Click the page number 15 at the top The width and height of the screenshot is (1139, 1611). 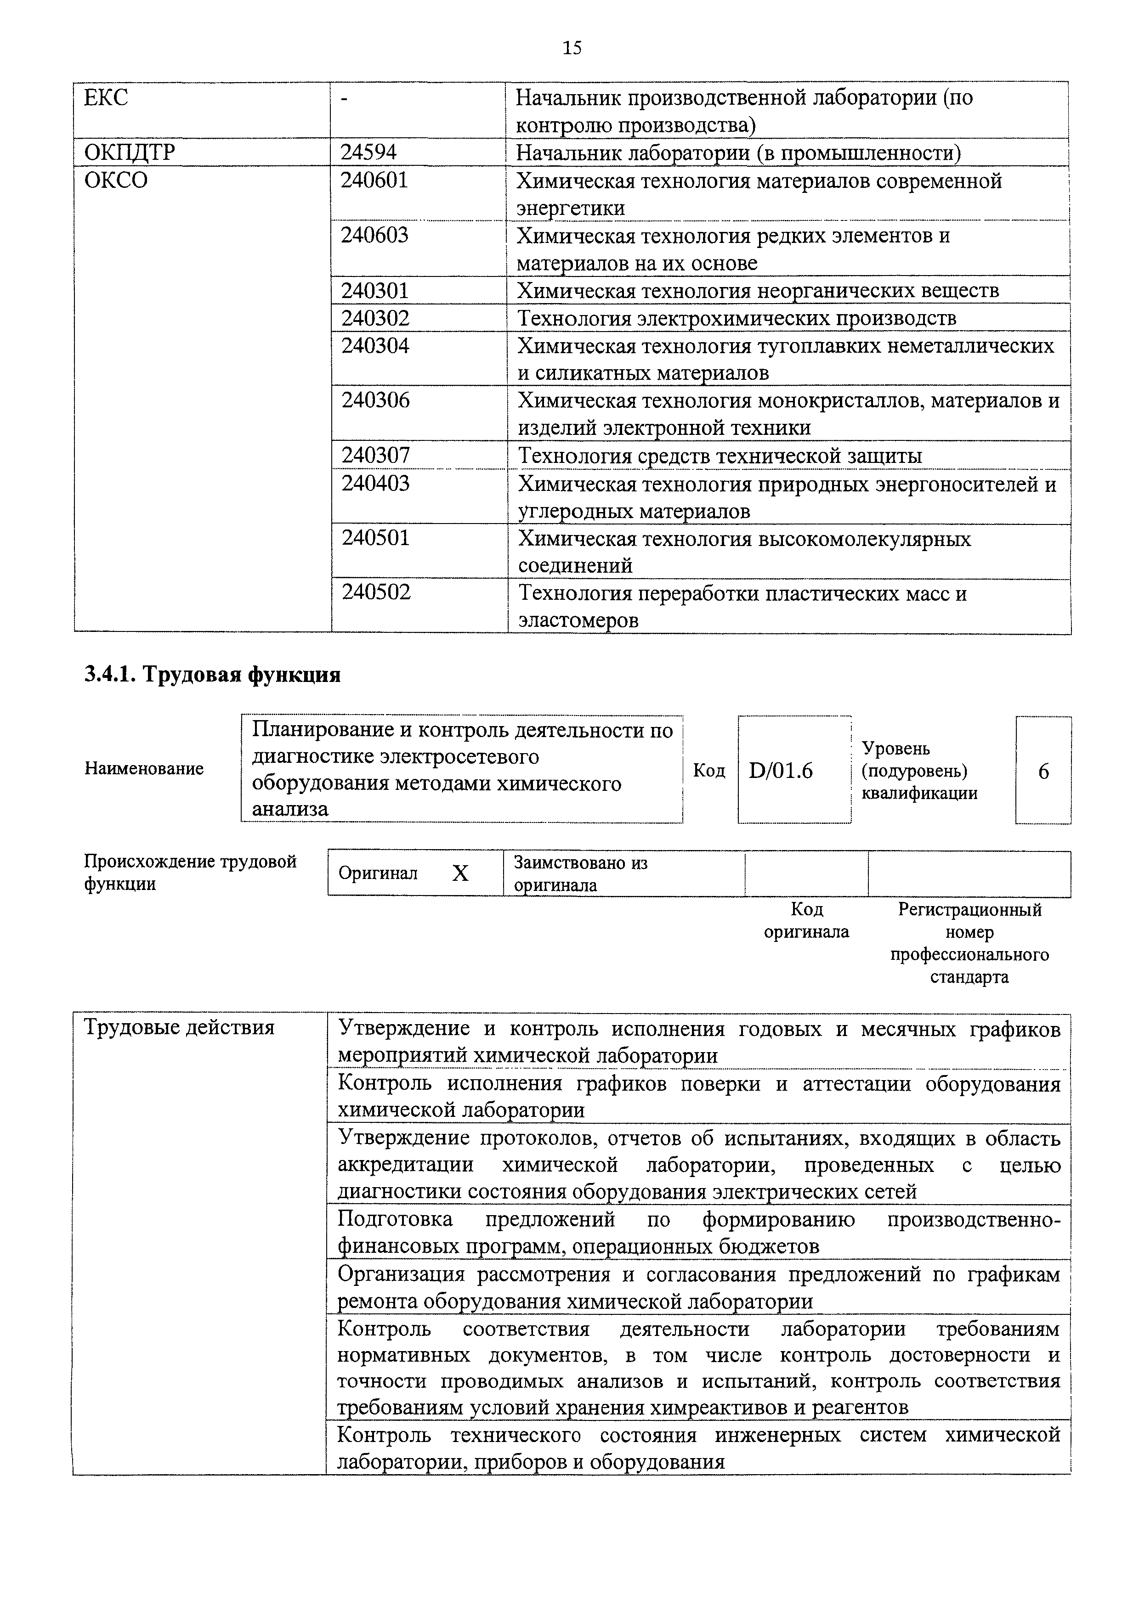(x=572, y=48)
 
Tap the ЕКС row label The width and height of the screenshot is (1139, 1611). (x=106, y=97)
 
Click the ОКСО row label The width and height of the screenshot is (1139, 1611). (x=116, y=180)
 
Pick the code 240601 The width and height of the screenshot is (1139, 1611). (x=374, y=180)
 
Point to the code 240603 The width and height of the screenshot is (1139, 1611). (x=374, y=235)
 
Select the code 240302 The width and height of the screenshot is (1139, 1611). (x=375, y=318)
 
